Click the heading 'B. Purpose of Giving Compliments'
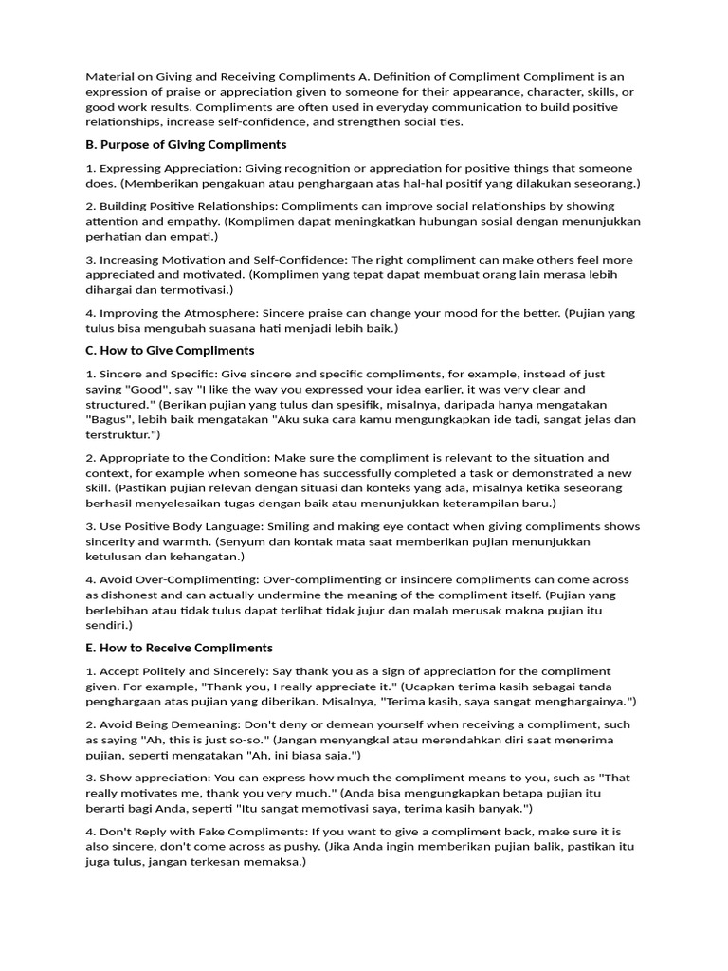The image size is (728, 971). click(x=186, y=145)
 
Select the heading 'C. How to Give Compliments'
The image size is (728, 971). click(x=170, y=350)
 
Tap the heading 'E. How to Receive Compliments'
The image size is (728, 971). click(x=179, y=648)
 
